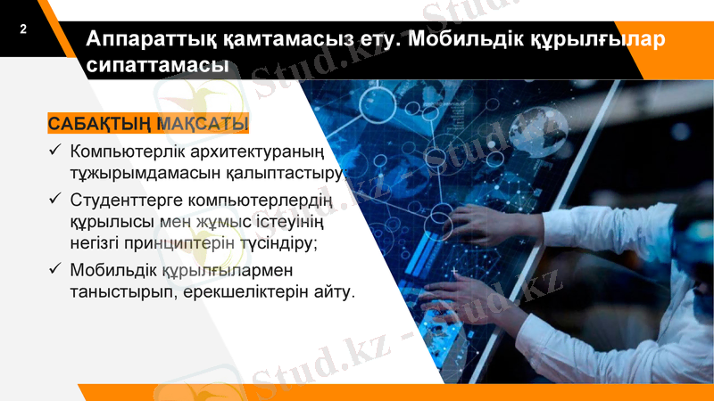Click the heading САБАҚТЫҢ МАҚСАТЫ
pyautogui.click(x=148, y=123)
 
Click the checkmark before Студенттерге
pyautogui.click(x=54, y=197)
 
